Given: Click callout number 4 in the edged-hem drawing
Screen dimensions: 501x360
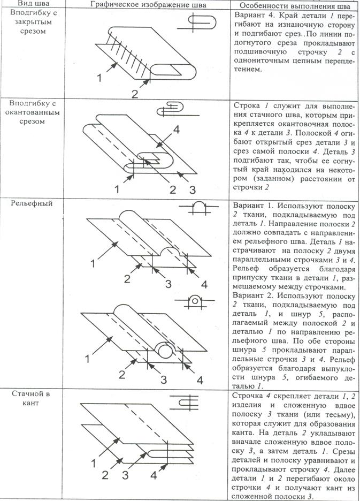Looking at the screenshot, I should (x=175, y=130).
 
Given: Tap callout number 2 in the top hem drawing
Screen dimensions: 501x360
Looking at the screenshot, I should (x=135, y=93).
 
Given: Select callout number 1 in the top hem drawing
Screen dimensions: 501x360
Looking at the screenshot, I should (x=99, y=78).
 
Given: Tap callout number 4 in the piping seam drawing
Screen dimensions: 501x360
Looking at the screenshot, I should (x=153, y=474).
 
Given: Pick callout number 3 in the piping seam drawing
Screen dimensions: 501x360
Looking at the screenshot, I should (x=125, y=474).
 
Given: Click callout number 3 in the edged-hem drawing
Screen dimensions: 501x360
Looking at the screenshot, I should (x=192, y=189).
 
